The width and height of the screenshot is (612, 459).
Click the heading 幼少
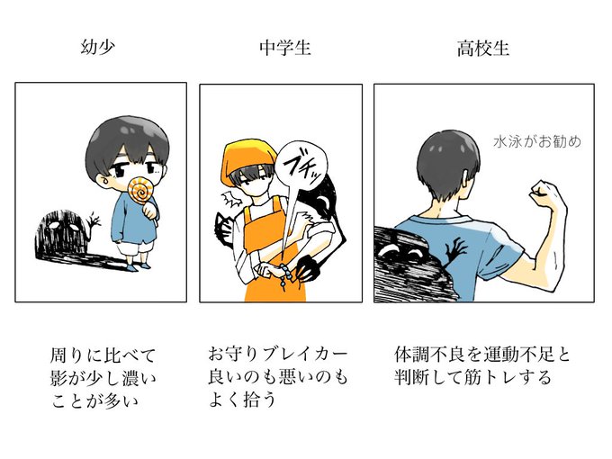98,48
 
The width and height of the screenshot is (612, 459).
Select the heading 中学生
285,48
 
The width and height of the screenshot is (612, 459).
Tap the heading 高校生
483,49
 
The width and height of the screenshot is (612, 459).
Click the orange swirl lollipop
141,190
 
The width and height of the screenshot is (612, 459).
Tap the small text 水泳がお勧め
537,141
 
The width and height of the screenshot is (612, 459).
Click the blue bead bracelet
285,275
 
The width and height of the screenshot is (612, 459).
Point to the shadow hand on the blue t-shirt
455,251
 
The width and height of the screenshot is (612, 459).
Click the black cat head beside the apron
224,229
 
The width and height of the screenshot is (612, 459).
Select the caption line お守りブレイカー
277,355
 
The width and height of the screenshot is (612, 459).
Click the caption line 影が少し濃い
103,378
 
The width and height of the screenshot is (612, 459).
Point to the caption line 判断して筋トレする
472,377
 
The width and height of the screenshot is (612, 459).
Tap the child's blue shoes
139,266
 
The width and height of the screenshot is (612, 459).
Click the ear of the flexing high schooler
465,179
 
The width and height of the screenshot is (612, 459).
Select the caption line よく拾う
242,400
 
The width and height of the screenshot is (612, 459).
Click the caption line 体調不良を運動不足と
482,355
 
